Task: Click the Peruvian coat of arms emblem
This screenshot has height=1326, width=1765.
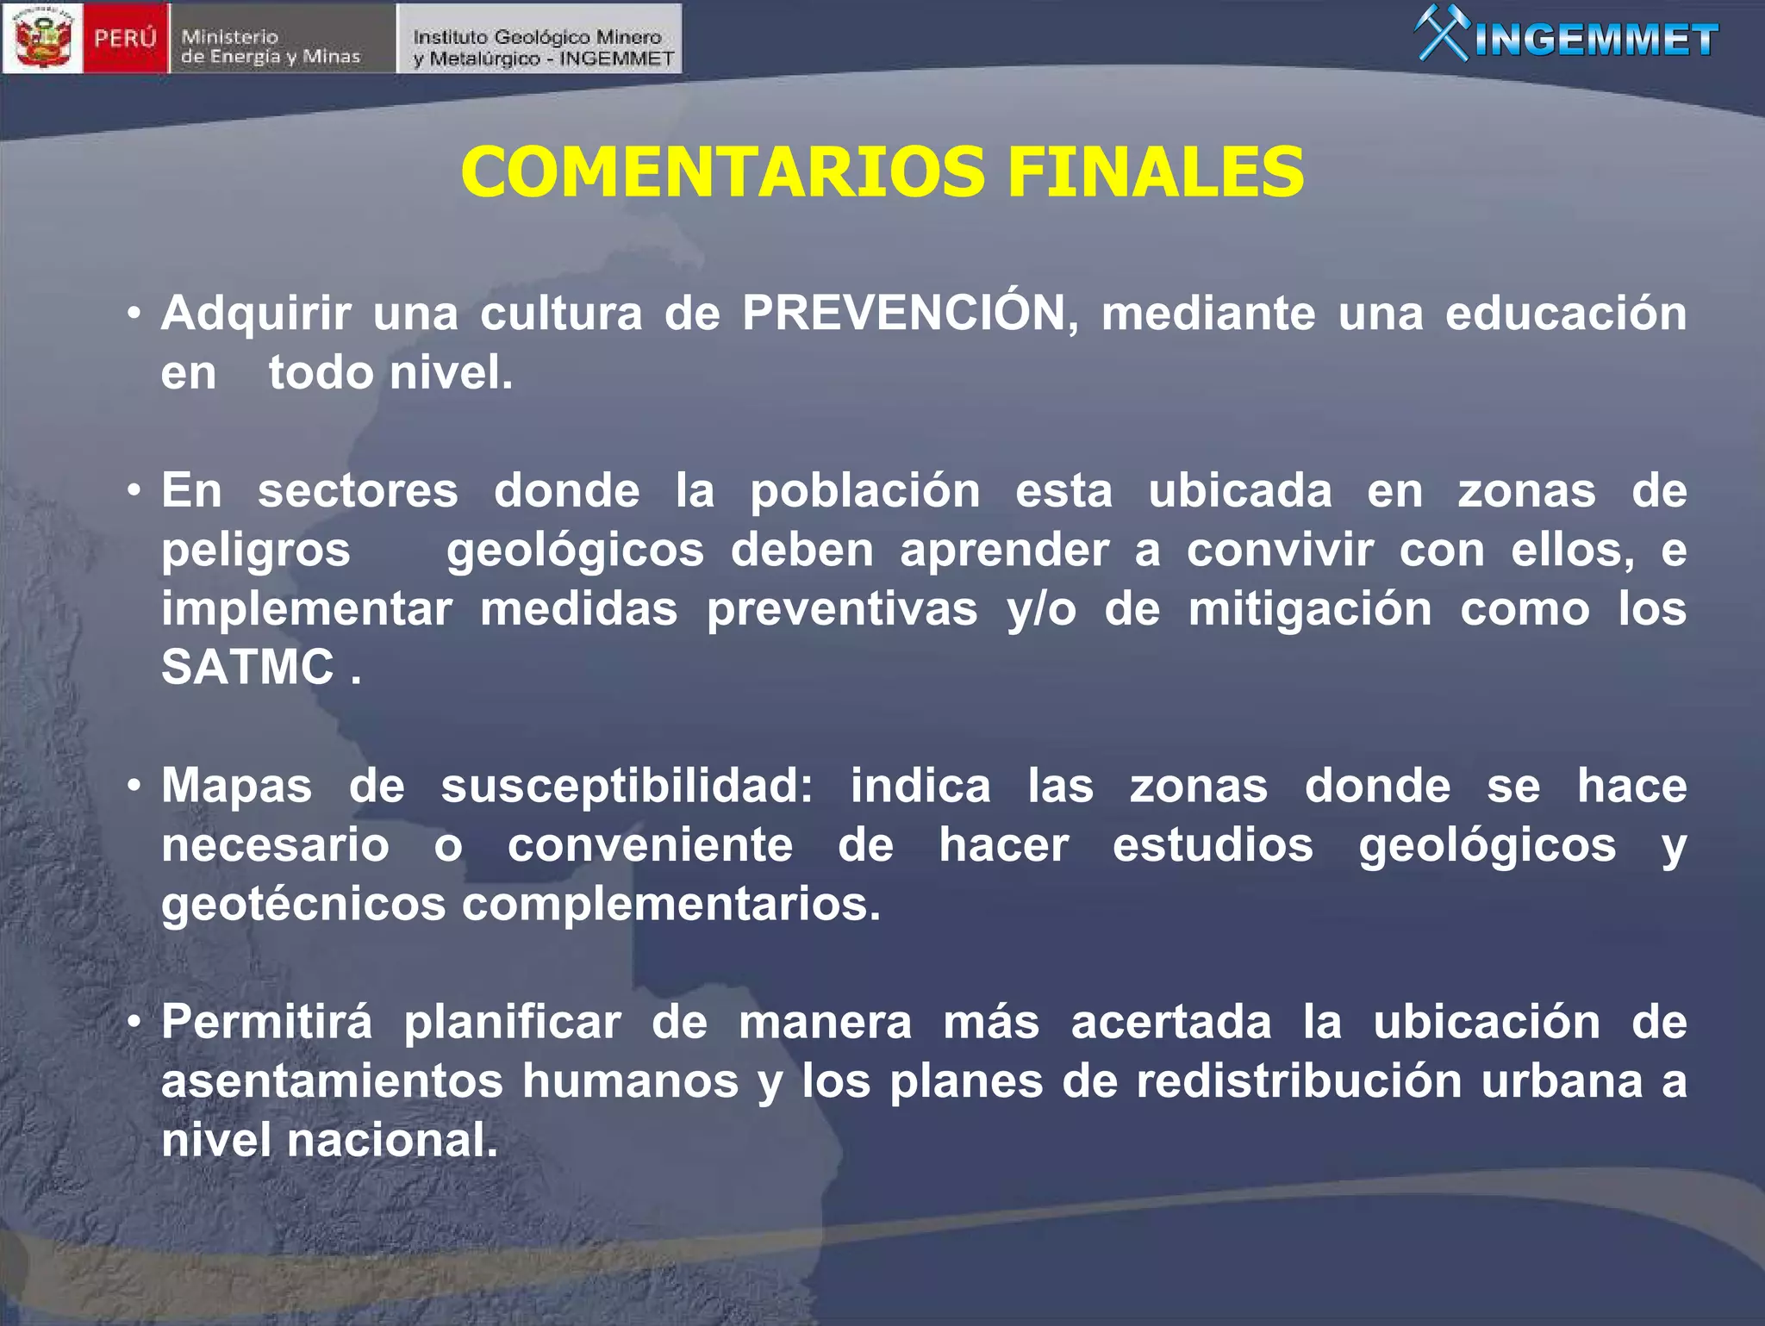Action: (43, 38)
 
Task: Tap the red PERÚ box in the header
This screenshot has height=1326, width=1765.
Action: (125, 39)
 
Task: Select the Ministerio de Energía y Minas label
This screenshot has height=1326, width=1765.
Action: (271, 47)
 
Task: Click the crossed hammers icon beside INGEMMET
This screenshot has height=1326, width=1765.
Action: (1442, 34)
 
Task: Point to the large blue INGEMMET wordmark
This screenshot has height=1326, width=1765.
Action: (1597, 40)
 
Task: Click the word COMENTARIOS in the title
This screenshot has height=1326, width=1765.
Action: (722, 171)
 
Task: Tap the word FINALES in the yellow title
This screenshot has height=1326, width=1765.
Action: (1155, 171)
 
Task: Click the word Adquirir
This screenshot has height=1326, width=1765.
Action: (256, 314)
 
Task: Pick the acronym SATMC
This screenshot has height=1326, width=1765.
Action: (247, 667)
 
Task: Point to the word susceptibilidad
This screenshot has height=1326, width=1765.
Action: (627, 787)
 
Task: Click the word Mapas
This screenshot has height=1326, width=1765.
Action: (236, 787)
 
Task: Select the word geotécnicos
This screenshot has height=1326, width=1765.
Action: (303, 905)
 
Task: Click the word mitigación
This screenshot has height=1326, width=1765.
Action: (1310, 610)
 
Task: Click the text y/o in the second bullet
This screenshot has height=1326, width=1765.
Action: (1041, 610)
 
